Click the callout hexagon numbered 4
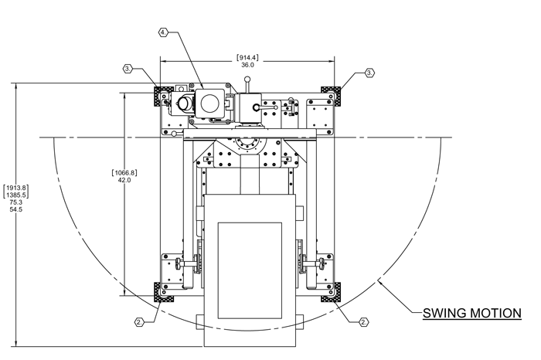tap(163, 32)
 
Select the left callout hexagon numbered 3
tap(127, 69)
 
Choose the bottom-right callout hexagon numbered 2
tap(365, 320)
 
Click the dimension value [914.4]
tap(247, 58)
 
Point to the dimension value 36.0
tap(247, 66)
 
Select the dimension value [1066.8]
tap(124, 172)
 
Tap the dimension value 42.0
tap(124, 180)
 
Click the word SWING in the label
tap(447, 314)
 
